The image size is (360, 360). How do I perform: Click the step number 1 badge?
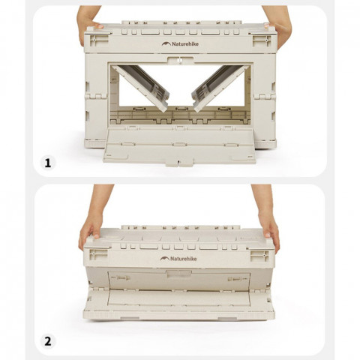(48, 163)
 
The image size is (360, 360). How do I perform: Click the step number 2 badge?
(48, 341)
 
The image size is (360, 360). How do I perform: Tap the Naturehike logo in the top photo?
(180, 44)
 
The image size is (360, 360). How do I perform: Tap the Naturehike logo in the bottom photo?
(178, 259)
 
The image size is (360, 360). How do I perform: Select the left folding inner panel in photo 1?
(140, 88)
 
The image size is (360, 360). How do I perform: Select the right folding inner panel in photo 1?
(220, 88)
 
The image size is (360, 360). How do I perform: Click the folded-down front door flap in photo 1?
(179, 145)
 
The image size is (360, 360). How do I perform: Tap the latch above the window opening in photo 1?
(180, 61)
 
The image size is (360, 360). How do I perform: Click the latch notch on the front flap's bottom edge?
(179, 163)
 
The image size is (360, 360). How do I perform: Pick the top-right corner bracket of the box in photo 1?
(262, 40)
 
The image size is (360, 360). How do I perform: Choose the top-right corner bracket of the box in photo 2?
(259, 256)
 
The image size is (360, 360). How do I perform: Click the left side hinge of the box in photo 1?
(94, 97)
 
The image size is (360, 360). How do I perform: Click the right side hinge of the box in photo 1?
(265, 97)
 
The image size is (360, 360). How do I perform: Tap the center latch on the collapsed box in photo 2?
(179, 274)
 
